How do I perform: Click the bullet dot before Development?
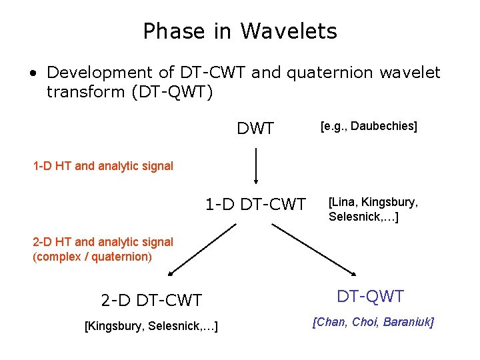click(33, 73)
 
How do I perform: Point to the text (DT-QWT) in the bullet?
click(172, 91)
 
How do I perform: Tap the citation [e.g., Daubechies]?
click(369, 126)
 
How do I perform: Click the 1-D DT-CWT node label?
click(255, 204)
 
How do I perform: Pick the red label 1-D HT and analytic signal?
click(103, 166)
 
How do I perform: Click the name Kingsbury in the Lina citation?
click(391, 203)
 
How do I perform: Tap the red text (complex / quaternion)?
click(92, 256)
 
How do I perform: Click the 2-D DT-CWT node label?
click(151, 300)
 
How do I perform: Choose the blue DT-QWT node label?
click(370, 296)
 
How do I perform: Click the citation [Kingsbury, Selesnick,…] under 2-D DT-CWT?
click(152, 325)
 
